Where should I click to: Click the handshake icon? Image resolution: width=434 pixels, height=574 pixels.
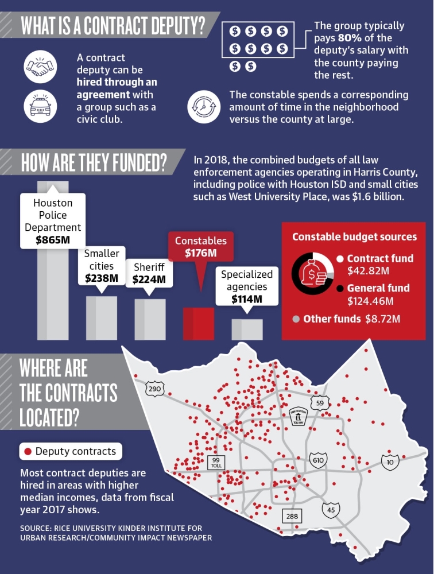tap(40, 67)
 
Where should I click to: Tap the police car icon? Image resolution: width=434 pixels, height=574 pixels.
tap(40, 106)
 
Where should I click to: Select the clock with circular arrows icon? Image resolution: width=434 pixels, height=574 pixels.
tap(204, 107)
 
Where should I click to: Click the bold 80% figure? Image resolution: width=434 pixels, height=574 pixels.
tap(350, 38)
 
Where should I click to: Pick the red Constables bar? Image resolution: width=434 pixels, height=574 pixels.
tap(199, 324)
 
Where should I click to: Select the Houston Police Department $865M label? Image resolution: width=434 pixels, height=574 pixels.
tap(53, 221)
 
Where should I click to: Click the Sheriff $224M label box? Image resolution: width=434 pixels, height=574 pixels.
tap(149, 273)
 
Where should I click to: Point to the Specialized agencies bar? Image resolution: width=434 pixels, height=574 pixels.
tap(247, 329)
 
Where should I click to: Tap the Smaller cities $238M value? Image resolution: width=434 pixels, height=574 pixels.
tap(102, 278)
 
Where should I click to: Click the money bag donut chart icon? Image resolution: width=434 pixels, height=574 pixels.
tap(312, 274)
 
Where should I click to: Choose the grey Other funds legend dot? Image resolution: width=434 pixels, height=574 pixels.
tap(296, 319)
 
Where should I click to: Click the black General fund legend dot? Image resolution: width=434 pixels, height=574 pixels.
tap(340, 289)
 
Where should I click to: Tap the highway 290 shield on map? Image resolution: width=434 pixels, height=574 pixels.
tap(154, 389)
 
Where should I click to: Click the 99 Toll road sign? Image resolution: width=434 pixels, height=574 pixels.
tap(216, 463)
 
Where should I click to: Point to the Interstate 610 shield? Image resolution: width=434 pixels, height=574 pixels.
tap(318, 460)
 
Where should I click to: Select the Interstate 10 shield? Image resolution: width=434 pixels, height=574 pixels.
tap(390, 462)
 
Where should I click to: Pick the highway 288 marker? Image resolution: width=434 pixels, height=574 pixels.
tap(292, 516)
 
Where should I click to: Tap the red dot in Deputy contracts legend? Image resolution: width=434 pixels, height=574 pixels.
tap(28, 451)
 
